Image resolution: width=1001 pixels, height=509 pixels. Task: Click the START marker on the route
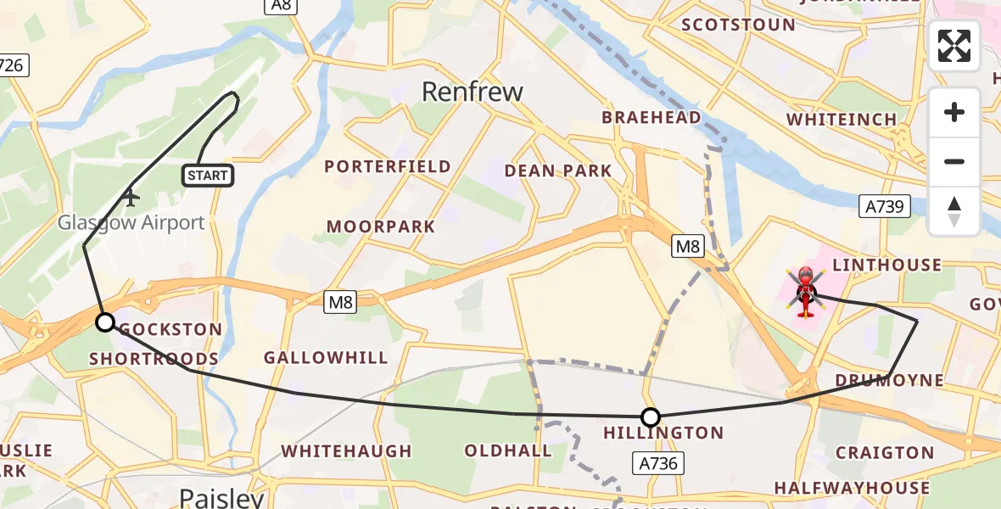tap(208, 176)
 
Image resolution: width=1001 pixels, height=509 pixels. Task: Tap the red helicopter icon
tap(805, 291)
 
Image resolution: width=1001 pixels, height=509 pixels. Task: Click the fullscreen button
tap(954, 46)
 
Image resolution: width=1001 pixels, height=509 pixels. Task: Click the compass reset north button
tap(954, 211)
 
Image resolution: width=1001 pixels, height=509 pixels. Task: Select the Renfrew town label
tap(473, 92)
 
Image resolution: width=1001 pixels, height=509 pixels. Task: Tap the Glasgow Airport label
tap(131, 223)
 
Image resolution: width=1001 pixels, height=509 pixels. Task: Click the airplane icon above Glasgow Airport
tap(130, 198)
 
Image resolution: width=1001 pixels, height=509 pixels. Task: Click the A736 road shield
tap(658, 462)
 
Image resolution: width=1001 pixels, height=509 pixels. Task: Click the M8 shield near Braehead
tap(687, 247)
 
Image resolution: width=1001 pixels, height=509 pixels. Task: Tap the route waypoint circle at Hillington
tap(651, 417)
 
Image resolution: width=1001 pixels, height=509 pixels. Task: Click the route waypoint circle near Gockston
tap(105, 322)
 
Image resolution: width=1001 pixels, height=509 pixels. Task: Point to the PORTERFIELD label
tap(388, 166)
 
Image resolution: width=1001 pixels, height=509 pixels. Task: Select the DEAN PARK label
tap(557, 171)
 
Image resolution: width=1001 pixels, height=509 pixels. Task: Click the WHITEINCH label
tap(841, 120)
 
